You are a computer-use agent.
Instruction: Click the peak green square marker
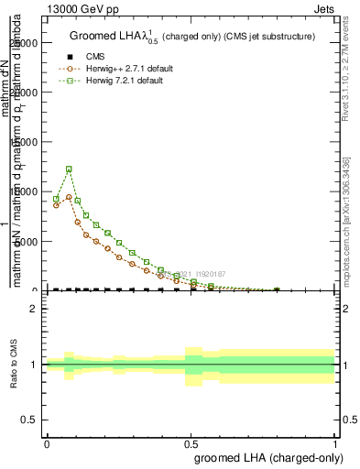click(x=69, y=169)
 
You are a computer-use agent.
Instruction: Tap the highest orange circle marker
click(x=69, y=197)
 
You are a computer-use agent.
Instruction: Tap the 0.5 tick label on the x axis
click(x=191, y=443)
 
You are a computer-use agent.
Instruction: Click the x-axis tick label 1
click(x=335, y=443)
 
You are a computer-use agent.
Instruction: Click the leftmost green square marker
click(x=56, y=199)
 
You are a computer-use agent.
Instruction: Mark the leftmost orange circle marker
click(x=56, y=205)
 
